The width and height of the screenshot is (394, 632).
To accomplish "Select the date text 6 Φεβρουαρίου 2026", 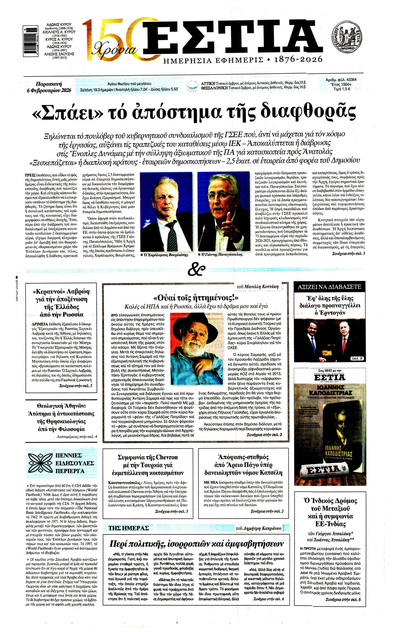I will (x=49, y=90).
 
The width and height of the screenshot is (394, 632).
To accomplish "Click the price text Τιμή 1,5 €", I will (x=342, y=89).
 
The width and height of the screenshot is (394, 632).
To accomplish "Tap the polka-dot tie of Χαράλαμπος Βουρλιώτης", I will (x=172, y=236).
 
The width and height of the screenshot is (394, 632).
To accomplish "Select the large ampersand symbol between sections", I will (x=196, y=269).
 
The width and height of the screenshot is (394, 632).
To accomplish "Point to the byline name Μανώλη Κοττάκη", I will (x=262, y=286).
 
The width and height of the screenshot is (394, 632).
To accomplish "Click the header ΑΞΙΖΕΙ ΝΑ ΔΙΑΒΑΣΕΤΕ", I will (x=329, y=287).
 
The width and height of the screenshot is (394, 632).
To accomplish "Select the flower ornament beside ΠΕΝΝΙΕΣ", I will (x=40, y=463).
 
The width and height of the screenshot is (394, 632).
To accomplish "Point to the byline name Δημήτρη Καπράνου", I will (x=262, y=528).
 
